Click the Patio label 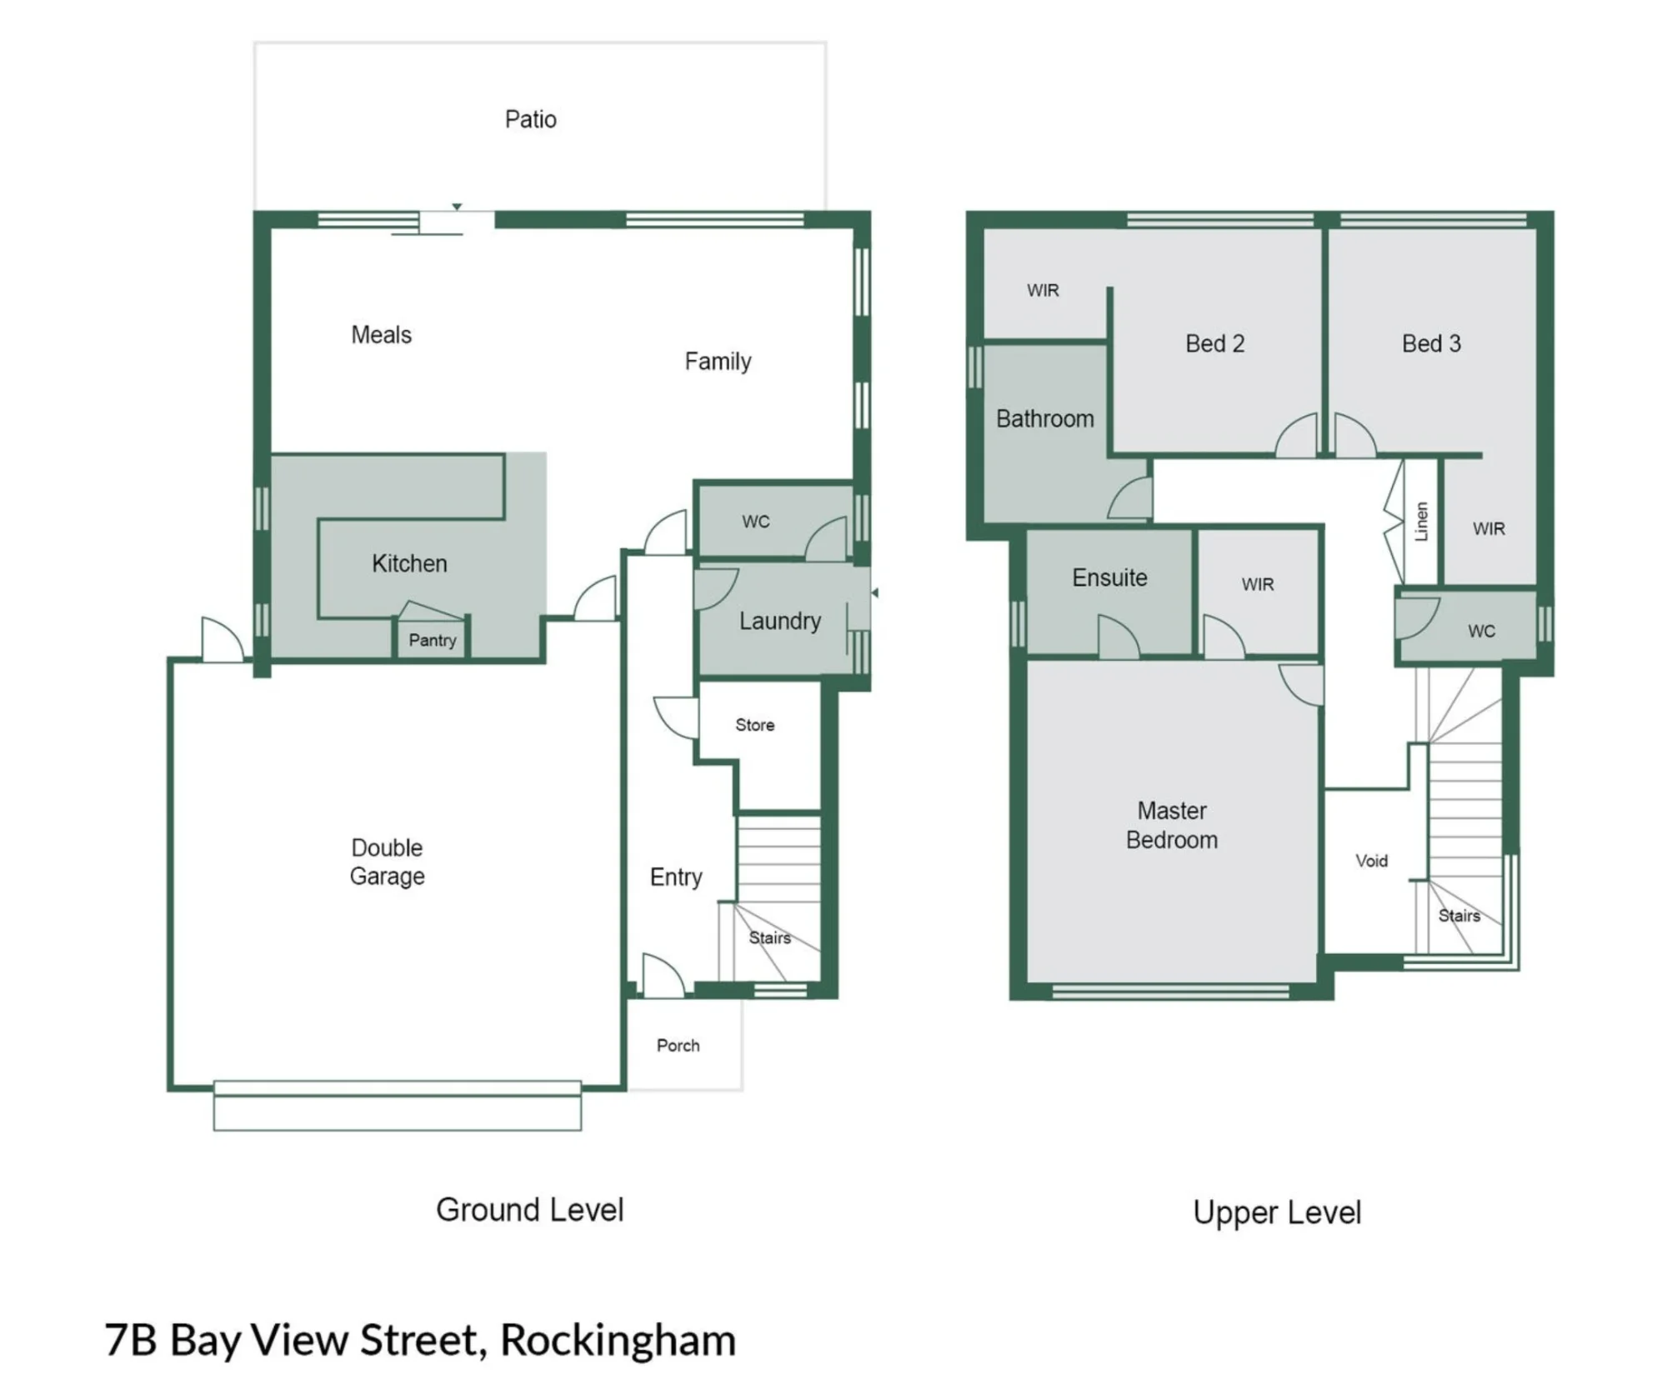point(530,119)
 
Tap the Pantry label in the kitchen point(432,640)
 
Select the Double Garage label point(387,862)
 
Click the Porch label point(678,1045)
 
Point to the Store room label point(754,725)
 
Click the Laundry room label point(780,621)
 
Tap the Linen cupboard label point(1421,521)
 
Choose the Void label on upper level point(1371,861)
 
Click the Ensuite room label point(1109,577)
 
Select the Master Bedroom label point(1172,825)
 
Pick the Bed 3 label point(1431,343)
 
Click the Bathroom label point(1045,418)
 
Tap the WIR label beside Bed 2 point(1043,290)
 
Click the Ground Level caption point(529,1210)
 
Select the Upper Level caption point(1277,1213)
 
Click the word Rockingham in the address point(618,1341)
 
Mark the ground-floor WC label point(755,522)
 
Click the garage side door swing point(223,640)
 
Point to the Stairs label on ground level point(769,937)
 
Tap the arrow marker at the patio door point(457,207)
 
